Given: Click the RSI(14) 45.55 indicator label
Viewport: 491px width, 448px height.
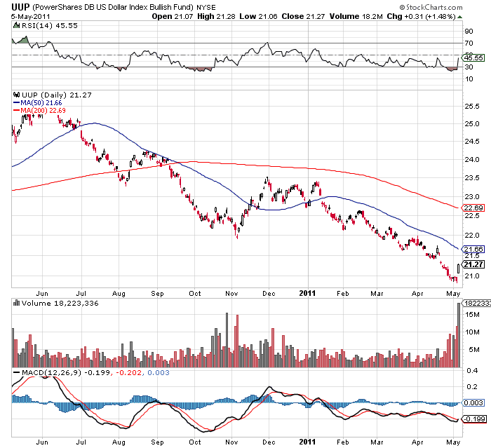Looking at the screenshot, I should click(x=40, y=25).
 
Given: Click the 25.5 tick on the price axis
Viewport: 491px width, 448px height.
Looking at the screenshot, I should click(x=471, y=106).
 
